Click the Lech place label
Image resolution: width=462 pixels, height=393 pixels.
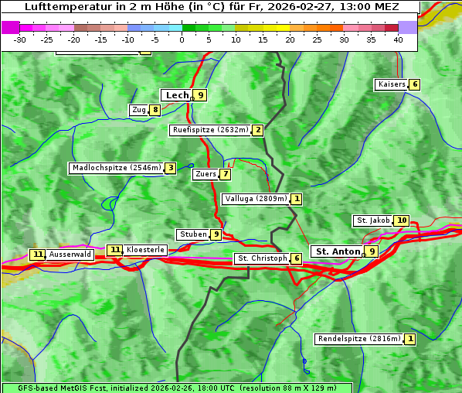click(x=177, y=95)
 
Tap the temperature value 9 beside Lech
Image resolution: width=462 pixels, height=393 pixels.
click(x=201, y=95)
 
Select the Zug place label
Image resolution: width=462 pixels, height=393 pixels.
click(x=139, y=110)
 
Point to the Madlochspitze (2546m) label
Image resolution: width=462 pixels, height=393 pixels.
click(x=116, y=168)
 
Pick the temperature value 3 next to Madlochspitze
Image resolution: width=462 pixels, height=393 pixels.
click(x=170, y=168)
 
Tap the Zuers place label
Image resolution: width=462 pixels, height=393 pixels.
click(x=206, y=174)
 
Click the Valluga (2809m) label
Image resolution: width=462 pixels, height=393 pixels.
click(x=256, y=199)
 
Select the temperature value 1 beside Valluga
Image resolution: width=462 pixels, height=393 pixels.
click(x=297, y=199)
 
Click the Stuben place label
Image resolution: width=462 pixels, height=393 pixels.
click(x=192, y=234)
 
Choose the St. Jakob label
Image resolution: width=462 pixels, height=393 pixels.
click(x=373, y=220)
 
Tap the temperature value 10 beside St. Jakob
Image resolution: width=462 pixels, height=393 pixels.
click(x=402, y=220)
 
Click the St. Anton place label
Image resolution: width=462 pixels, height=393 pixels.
click(x=338, y=251)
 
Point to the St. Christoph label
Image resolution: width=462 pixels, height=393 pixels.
click(x=261, y=258)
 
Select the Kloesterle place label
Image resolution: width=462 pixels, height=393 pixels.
click(x=145, y=250)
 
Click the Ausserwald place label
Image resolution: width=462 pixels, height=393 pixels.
click(x=70, y=255)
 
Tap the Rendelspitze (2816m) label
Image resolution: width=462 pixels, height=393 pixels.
click(x=359, y=339)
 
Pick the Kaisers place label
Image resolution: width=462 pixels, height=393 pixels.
click(x=391, y=84)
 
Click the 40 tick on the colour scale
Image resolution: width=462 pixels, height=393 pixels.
click(x=398, y=39)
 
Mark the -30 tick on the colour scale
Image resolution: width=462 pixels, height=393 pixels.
click(x=20, y=39)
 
